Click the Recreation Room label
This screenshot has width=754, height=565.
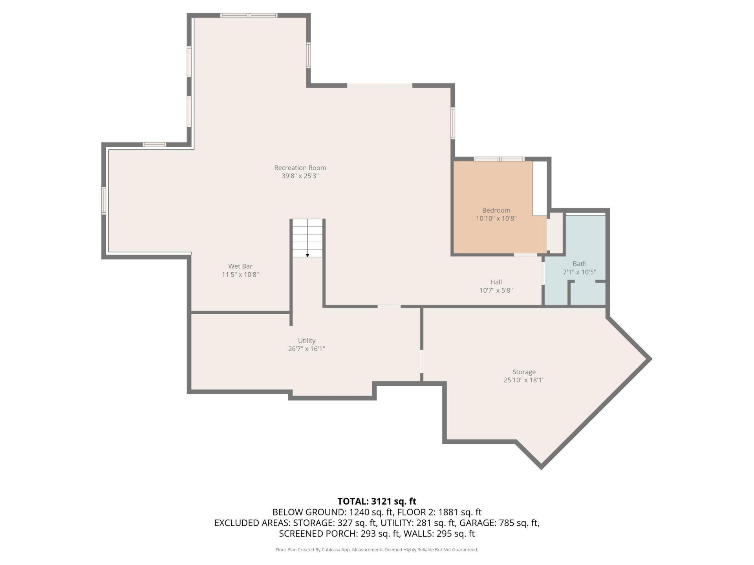[x=300, y=168]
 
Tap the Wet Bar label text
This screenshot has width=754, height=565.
[x=240, y=266]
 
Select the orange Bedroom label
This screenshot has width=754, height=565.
[x=496, y=210]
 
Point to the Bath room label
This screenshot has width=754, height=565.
[x=580, y=264]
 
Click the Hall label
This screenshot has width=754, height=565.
[x=496, y=282]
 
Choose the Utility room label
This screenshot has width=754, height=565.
[x=307, y=341]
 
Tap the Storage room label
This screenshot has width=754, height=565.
[x=524, y=372]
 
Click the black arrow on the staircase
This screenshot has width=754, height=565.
[x=307, y=255]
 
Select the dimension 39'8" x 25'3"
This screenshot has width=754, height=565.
[x=300, y=176]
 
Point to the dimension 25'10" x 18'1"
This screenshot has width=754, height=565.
[x=524, y=380]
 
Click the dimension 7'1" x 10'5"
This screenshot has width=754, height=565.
[x=580, y=272]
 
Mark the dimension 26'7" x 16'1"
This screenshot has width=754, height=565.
[x=307, y=349]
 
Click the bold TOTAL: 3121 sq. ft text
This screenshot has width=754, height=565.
[x=377, y=501]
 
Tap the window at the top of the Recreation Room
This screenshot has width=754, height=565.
[x=249, y=16]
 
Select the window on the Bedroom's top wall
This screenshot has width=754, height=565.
[x=499, y=159]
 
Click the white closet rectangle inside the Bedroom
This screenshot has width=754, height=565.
[x=540, y=188]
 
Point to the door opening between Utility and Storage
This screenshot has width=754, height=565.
[x=422, y=361]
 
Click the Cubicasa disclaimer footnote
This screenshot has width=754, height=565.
[x=377, y=550]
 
